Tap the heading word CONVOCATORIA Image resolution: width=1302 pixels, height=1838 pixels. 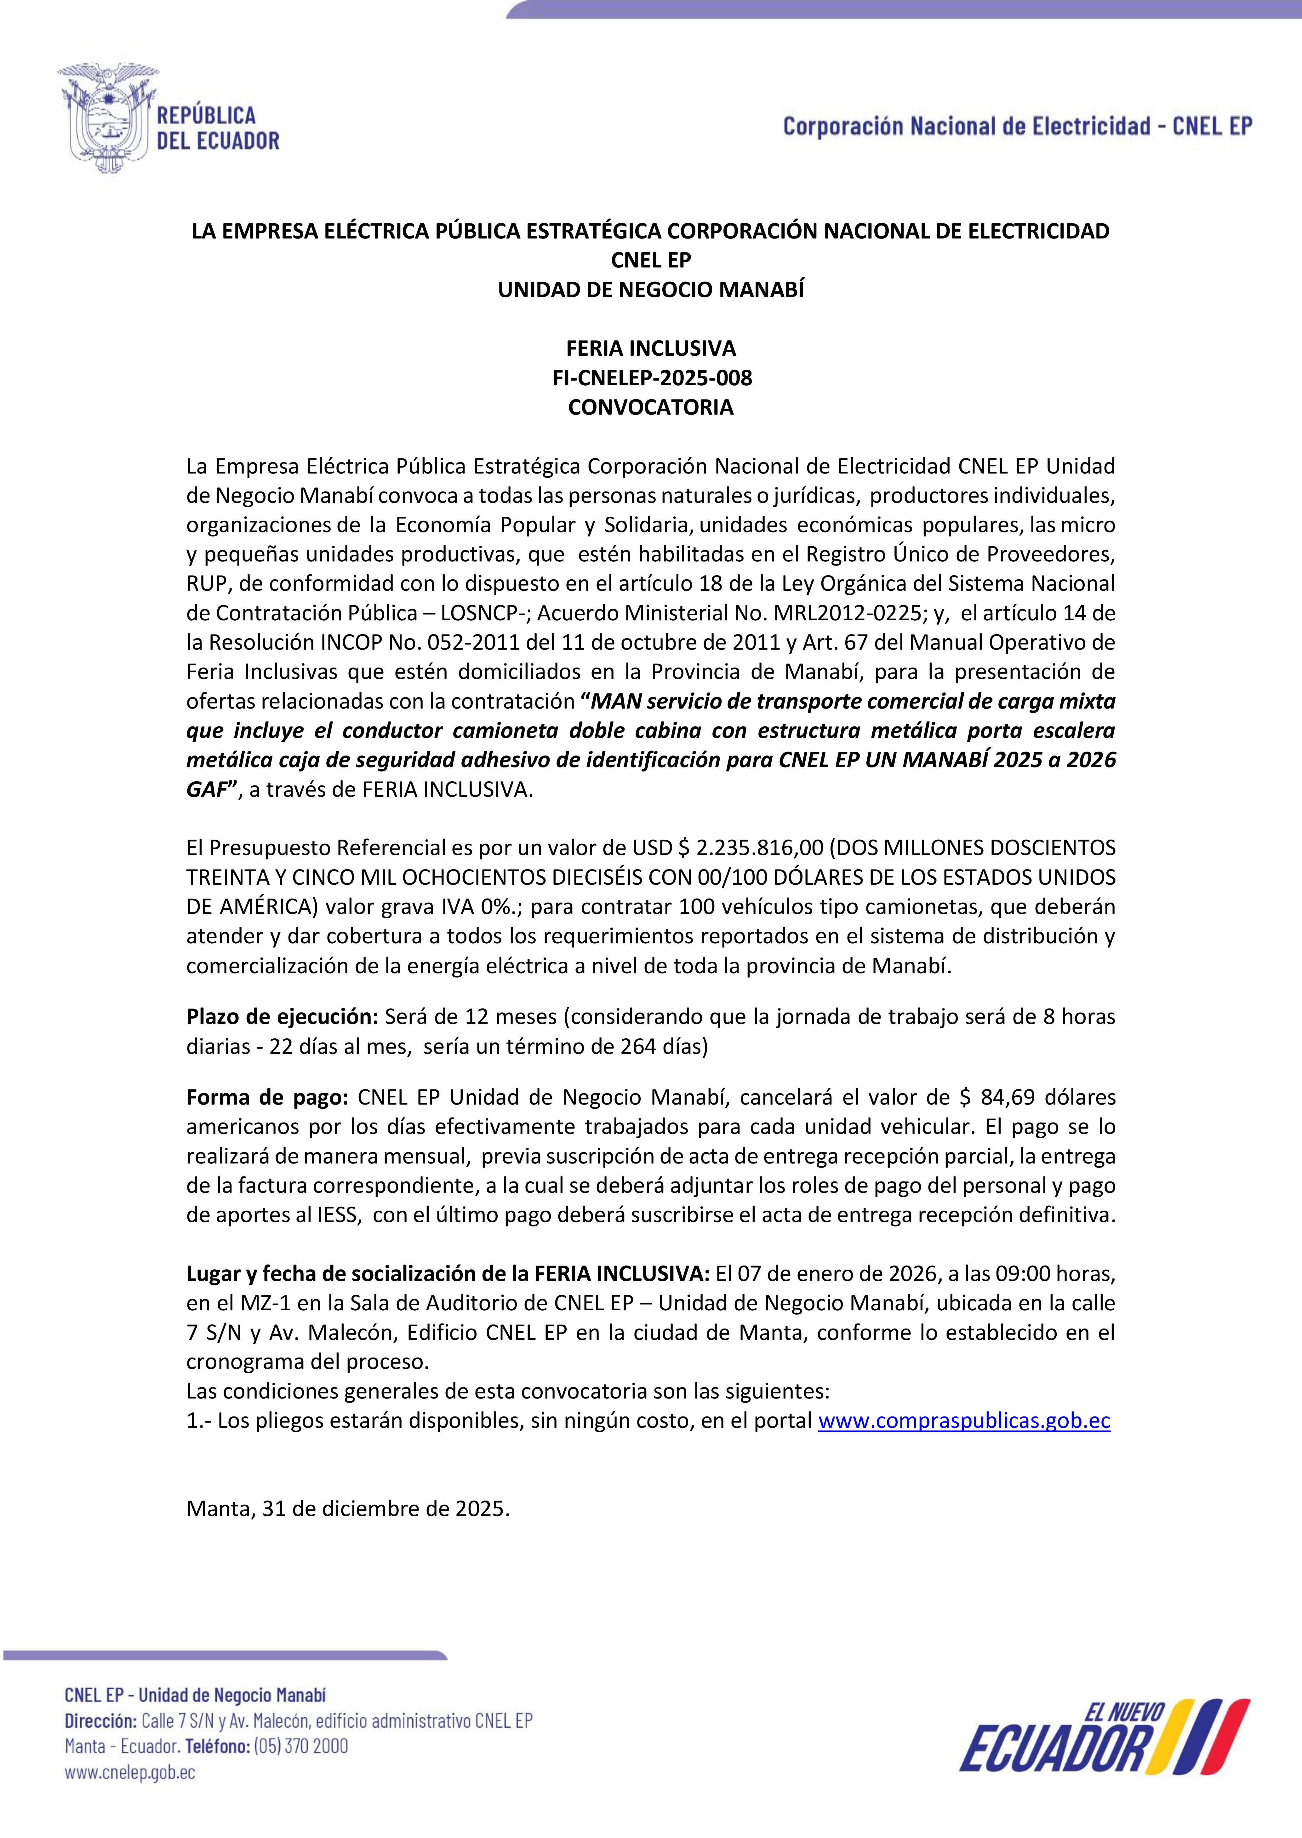[x=651, y=407]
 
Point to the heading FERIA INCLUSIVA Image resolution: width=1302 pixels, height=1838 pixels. [x=651, y=348]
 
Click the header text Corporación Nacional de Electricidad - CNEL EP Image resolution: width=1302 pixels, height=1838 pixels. [x=1017, y=126]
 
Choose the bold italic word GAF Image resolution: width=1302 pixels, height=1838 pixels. [x=207, y=790]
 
